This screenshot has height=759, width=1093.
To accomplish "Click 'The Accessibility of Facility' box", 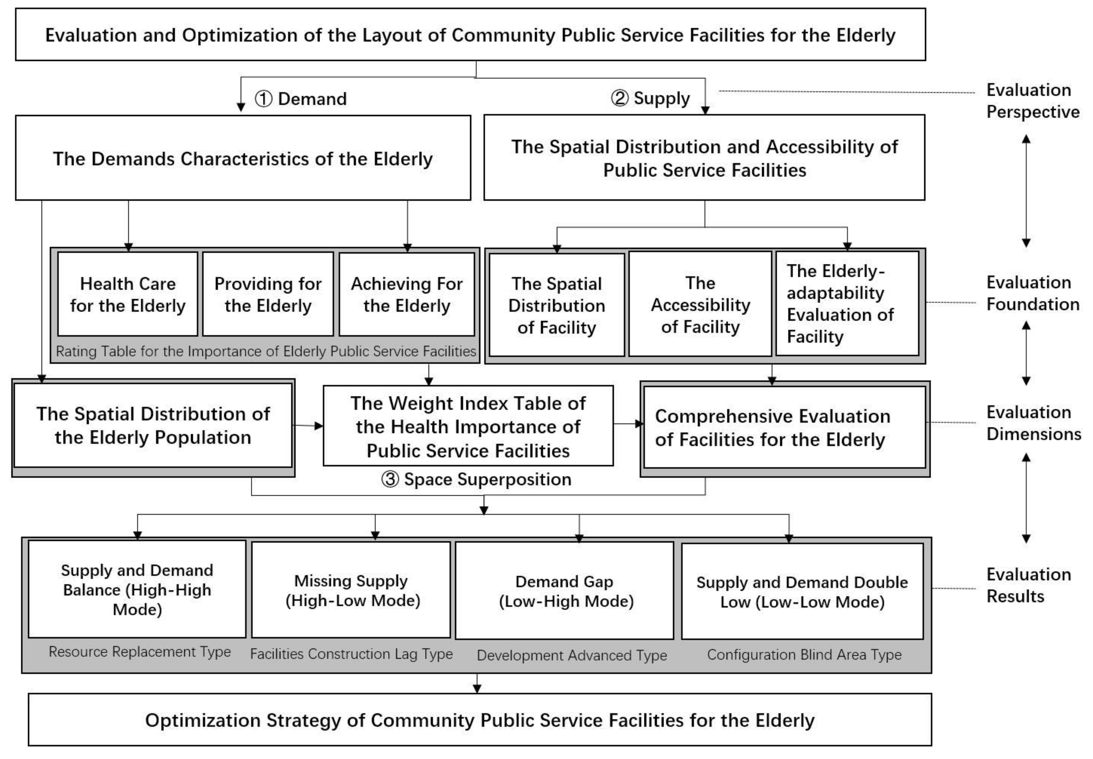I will pos(700,304).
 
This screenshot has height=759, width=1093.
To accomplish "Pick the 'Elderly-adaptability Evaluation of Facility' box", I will pos(847,304).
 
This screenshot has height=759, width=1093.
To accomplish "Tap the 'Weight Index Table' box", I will pos(468,426).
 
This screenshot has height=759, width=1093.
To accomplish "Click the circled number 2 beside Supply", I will pos(619,99).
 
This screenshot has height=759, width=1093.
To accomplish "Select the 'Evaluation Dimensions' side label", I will pos(1033,423).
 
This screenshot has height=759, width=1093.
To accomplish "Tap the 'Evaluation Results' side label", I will pos(1028,585).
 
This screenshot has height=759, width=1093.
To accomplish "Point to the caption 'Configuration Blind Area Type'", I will pos(804,654).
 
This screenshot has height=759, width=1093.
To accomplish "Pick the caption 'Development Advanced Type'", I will pos(572,655).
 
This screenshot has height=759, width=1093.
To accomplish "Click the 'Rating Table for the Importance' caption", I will pos(266,351).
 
